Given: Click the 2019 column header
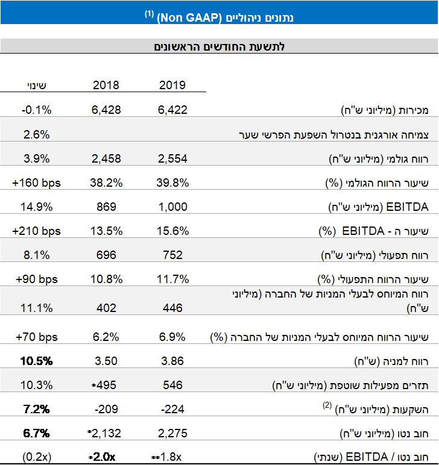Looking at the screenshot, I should [x=172, y=85].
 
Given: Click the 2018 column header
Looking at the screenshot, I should [x=106, y=85].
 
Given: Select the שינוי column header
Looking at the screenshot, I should [x=36, y=85].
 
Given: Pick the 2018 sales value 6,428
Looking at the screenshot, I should [x=106, y=110].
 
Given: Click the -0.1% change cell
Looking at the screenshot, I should [x=36, y=110].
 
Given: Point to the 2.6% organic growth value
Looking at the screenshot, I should [x=36, y=134].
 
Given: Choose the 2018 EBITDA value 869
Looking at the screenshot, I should [x=106, y=207].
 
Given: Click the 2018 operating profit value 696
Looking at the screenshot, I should [x=106, y=255].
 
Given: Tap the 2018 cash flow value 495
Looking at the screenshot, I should [x=107, y=385].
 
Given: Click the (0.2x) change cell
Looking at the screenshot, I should [x=36, y=457].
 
